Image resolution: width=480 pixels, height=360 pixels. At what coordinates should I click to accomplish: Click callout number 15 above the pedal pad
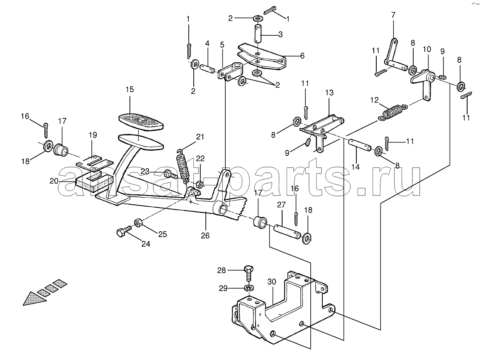click(129, 89)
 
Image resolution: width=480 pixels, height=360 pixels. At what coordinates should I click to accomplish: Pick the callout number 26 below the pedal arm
click(205, 235)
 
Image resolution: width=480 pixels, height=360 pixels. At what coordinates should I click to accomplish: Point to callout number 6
click(302, 56)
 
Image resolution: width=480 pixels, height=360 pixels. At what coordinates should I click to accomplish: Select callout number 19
click(92, 135)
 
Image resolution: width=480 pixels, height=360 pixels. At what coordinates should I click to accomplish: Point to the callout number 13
click(329, 93)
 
